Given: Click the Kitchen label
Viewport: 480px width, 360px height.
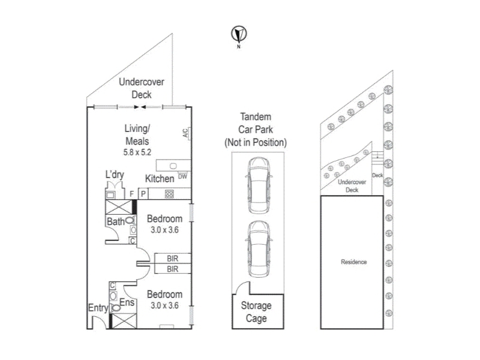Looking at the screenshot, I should click(x=160, y=179).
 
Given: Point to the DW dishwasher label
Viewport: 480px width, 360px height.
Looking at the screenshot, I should click(x=182, y=176).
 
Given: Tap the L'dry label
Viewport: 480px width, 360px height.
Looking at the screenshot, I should click(x=115, y=175).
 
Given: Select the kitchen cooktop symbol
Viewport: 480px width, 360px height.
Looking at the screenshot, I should click(x=169, y=194).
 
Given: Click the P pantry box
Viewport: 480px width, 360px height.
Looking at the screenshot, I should click(x=144, y=194).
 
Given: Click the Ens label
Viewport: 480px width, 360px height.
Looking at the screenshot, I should click(x=127, y=303).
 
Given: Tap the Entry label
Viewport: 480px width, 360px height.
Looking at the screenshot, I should click(x=98, y=308).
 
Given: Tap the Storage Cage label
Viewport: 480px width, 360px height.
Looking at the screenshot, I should click(x=256, y=311).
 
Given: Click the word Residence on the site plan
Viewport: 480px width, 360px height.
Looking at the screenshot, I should click(x=353, y=262).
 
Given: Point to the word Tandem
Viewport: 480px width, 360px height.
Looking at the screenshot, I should click(x=256, y=117).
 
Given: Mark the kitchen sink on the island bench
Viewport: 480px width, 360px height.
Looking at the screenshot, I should click(x=174, y=166).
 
